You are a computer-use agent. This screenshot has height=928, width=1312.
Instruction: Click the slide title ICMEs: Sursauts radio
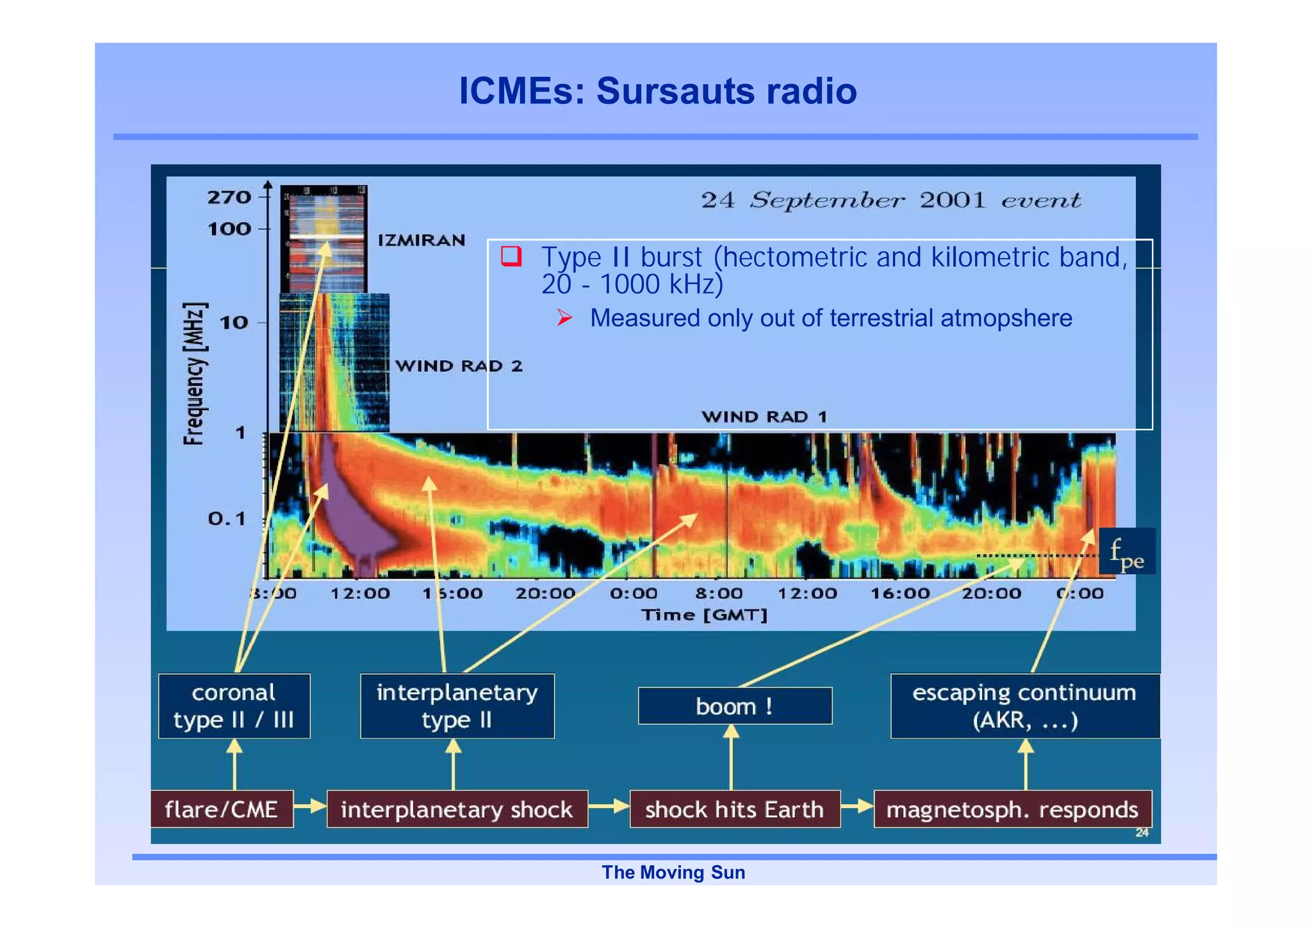tap(657, 91)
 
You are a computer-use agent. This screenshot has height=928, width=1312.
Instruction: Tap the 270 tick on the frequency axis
tap(229, 197)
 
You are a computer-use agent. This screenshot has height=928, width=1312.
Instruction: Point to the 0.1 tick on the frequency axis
tap(227, 518)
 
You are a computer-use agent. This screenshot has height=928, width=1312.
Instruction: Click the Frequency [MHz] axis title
tap(195, 373)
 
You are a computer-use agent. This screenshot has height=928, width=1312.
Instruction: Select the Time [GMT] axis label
tap(703, 615)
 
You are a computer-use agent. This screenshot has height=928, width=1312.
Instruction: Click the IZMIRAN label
tap(421, 240)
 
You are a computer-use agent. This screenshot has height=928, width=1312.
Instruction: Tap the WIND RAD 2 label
tap(459, 366)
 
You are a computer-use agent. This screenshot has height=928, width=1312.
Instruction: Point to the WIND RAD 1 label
tap(764, 417)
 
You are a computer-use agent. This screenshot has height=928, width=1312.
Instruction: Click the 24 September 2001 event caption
tap(890, 200)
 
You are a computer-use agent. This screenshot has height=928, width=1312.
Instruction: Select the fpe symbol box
tap(1127, 552)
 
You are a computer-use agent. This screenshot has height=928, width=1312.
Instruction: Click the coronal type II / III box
tap(234, 706)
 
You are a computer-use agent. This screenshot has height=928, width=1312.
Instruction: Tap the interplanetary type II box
tap(457, 706)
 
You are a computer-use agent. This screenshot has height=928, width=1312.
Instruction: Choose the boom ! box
tap(735, 706)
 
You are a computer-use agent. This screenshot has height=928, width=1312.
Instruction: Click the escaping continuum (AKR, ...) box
tap(1024, 706)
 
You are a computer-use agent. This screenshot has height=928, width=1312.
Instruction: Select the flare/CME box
tap(222, 809)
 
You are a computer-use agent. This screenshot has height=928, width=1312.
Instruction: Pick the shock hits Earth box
tap(734, 809)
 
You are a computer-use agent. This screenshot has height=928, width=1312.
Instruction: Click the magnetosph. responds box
tap(1012, 809)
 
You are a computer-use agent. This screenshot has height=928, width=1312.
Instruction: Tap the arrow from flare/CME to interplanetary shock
tap(311, 806)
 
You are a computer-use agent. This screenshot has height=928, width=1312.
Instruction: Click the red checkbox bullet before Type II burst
tap(511, 256)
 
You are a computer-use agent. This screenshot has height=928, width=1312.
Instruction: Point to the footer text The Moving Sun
tap(673, 872)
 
